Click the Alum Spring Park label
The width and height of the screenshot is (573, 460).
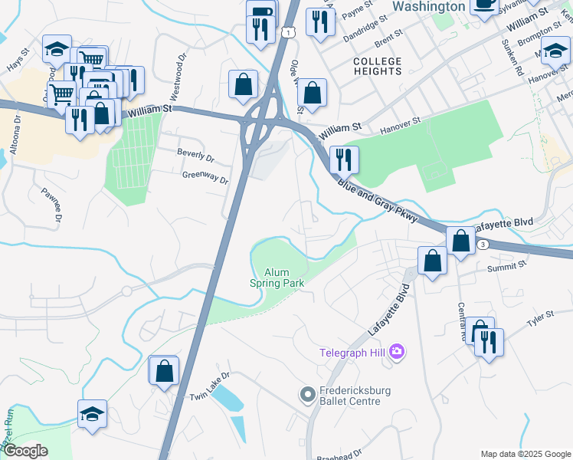click(x=277, y=278)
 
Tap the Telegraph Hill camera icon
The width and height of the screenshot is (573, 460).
click(x=397, y=353)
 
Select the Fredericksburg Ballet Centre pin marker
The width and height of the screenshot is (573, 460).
click(x=307, y=396)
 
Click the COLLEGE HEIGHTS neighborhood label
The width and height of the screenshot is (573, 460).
click(x=377, y=66)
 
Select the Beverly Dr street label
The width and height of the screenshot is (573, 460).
click(x=195, y=156)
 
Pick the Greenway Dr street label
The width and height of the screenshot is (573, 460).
click(x=205, y=177)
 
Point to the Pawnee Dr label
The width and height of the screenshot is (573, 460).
click(x=51, y=205)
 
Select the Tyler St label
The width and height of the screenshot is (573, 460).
click(x=539, y=317)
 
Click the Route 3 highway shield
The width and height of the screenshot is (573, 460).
click(x=483, y=245)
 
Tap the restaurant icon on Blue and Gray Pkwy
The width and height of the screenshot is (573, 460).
click(x=344, y=159)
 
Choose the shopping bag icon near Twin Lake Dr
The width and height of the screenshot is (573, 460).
click(x=164, y=371)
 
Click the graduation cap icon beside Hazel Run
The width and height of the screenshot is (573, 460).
click(x=92, y=414)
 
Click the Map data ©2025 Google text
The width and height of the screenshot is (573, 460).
click(x=526, y=454)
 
